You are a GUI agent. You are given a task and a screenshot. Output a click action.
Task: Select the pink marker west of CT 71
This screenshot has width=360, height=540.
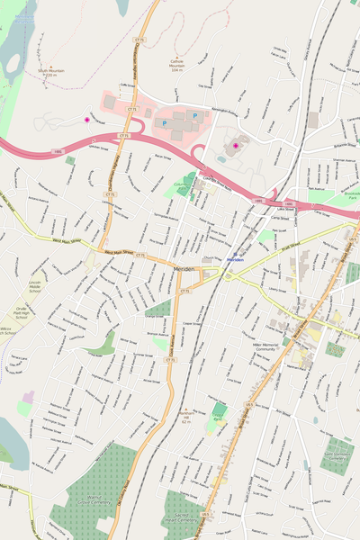[x=87, y=120]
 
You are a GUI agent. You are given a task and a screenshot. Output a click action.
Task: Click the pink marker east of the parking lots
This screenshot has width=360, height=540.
[x=236, y=145]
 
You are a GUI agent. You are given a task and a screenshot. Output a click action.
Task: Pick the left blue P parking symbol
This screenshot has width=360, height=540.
[x=164, y=122]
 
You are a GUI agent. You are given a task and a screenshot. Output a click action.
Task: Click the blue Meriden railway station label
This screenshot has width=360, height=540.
[x=235, y=259]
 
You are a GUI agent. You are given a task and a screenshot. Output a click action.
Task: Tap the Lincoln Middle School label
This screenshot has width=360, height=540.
[x=34, y=286]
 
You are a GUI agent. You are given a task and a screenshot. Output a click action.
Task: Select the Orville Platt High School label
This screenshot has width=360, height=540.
[x=20, y=313]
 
